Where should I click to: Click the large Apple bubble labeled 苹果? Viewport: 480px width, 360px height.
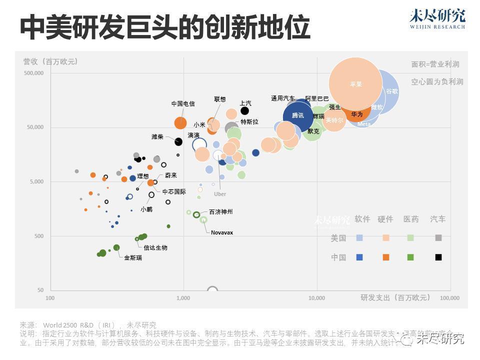pos(355,84)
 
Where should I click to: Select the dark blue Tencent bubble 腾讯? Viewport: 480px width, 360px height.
pos(298,115)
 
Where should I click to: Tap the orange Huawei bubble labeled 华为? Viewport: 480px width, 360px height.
pos(356,114)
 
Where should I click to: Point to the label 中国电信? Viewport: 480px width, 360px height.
pos(183,104)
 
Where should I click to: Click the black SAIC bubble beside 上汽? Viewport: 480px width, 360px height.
pos(244,111)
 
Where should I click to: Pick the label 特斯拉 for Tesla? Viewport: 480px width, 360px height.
pos(249,122)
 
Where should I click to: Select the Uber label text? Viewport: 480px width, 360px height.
pos(220,194)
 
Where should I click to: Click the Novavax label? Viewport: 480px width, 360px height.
pos(222,232)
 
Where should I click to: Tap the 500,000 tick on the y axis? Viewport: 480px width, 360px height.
pos(34,73)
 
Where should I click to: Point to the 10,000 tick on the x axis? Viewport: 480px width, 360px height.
pos(317,298)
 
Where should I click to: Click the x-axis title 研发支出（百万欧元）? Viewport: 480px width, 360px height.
pos(395,297)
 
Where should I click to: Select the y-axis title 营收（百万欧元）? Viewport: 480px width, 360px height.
pos(50,61)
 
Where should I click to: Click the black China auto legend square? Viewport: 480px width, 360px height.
pos(438,257)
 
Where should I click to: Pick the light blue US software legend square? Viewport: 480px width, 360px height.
pos(359,238)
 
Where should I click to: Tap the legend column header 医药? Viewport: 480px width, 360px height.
pos(411,219)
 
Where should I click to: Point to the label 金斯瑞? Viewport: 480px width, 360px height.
pos(133,257)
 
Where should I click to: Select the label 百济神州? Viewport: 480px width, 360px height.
pos(220,212)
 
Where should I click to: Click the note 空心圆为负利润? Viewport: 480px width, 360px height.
pos(437,81)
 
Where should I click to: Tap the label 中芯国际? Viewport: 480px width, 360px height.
pos(174,191)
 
